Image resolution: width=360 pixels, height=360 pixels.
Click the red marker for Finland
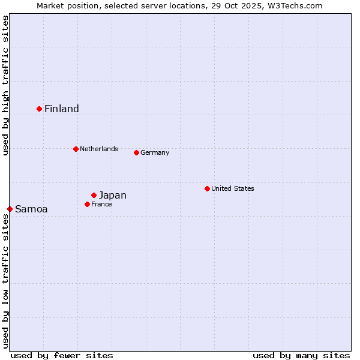click(x=40, y=109)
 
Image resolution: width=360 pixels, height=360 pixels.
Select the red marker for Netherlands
click(x=76, y=149)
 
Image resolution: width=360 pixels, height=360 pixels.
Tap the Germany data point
click(x=136, y=152)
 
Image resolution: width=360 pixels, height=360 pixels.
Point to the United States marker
click(x=207, y=188)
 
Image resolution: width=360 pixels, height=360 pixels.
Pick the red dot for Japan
click(x=94, y=195)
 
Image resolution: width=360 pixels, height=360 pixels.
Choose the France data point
click(x=87, y=204)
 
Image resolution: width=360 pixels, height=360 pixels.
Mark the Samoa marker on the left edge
click(x=10, y=209)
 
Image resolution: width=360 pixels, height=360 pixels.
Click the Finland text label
click(x=62, y=109)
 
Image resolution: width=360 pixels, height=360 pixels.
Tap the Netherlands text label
click(x=99, y=149)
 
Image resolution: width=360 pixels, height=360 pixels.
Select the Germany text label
click(x=155, y=152)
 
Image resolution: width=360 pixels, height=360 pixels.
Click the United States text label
click(x=233, y=188)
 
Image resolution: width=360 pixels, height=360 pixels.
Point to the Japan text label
click(x=113, y=195)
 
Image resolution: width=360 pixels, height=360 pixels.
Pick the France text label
click(x=101, y=204)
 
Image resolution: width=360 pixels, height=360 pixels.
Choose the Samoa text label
click(x=31, y=209)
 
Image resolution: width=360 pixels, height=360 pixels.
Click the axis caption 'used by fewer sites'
click(x=62, y=355)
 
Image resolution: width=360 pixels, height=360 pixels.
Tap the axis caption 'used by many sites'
click(x=301, y=355)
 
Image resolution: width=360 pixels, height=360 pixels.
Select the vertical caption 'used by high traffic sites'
click(x=5, y=85)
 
